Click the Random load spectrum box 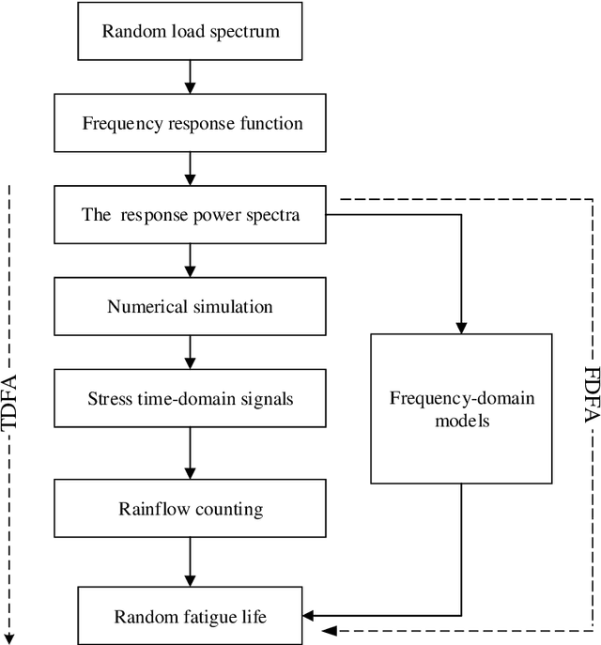pos(190,31)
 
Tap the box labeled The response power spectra pos(190,214)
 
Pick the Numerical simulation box pos(190,306)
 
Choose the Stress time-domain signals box pos(190,398)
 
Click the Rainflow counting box pos(190,510)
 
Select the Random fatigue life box pos(190,617)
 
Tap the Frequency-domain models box pos(461,409)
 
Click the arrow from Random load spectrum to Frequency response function pos(190,76)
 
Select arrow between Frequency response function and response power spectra pos(190,168)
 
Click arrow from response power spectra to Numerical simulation pos(190,260)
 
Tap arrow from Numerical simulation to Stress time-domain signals pos(190,352)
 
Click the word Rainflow pos(154,510)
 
